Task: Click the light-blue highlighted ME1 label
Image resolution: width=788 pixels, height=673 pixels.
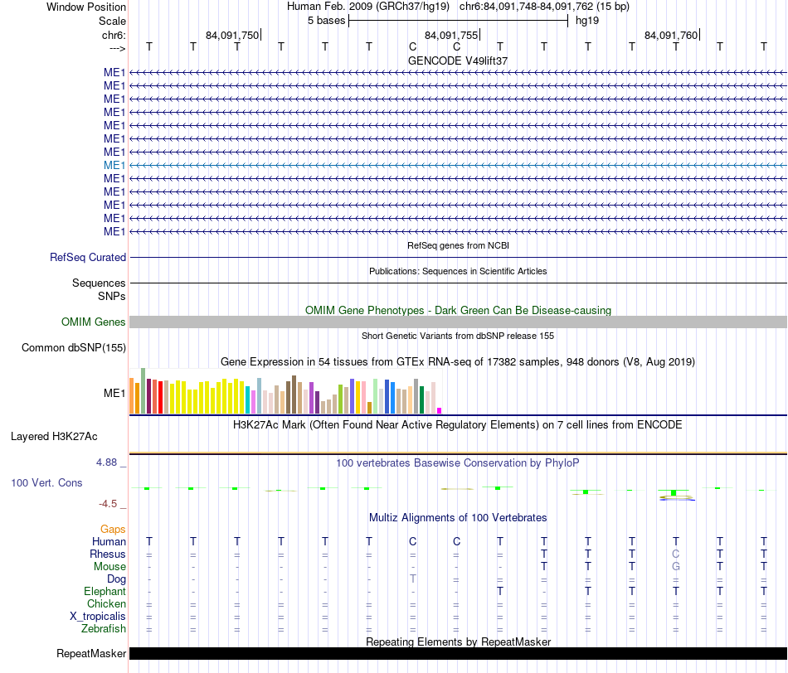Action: pyautogui.click(x=114, y=165)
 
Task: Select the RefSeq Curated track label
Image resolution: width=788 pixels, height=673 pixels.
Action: pyautogui.click(x=87, y=257)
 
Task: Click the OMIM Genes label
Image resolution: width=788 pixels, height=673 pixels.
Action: pyautogui.click(x=93, y=322)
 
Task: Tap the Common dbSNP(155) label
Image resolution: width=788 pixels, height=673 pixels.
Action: pyautogui.click(x=73, y=347)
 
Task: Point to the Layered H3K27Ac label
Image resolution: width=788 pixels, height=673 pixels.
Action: pyautogui.click(x=54, y=437)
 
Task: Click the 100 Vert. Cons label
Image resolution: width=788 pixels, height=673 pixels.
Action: pyautogui.click(x=46, y=482)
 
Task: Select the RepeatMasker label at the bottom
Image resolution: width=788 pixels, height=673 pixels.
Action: pyautogui.click(x=91, y=653)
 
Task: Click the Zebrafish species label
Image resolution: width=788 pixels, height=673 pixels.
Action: pyautogui.click(x=104, y=629)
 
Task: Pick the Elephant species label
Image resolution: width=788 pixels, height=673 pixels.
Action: pyautogui.click(x=105, y=591)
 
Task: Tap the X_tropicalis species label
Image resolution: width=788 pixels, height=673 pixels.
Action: pyautogui.click(x=98, y=617)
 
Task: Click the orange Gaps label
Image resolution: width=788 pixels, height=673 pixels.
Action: pyautogui.click(x=113, y=529)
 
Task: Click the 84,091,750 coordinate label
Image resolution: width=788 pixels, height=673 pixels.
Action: pyautogui.click(x=232, y=35)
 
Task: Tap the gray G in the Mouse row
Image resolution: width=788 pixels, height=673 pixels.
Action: pyautogui.click(x=676, y=567)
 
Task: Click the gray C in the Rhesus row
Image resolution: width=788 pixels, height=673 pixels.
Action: pyautogui.click(x=676, y=554)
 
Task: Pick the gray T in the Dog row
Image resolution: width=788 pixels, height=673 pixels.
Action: pyautogui.click(x=412, y=579)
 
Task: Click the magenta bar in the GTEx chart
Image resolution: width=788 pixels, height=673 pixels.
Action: pyautogui.click(x=440, y=410)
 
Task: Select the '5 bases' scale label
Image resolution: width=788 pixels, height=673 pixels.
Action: pyautogui.click(x=327, y=21)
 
